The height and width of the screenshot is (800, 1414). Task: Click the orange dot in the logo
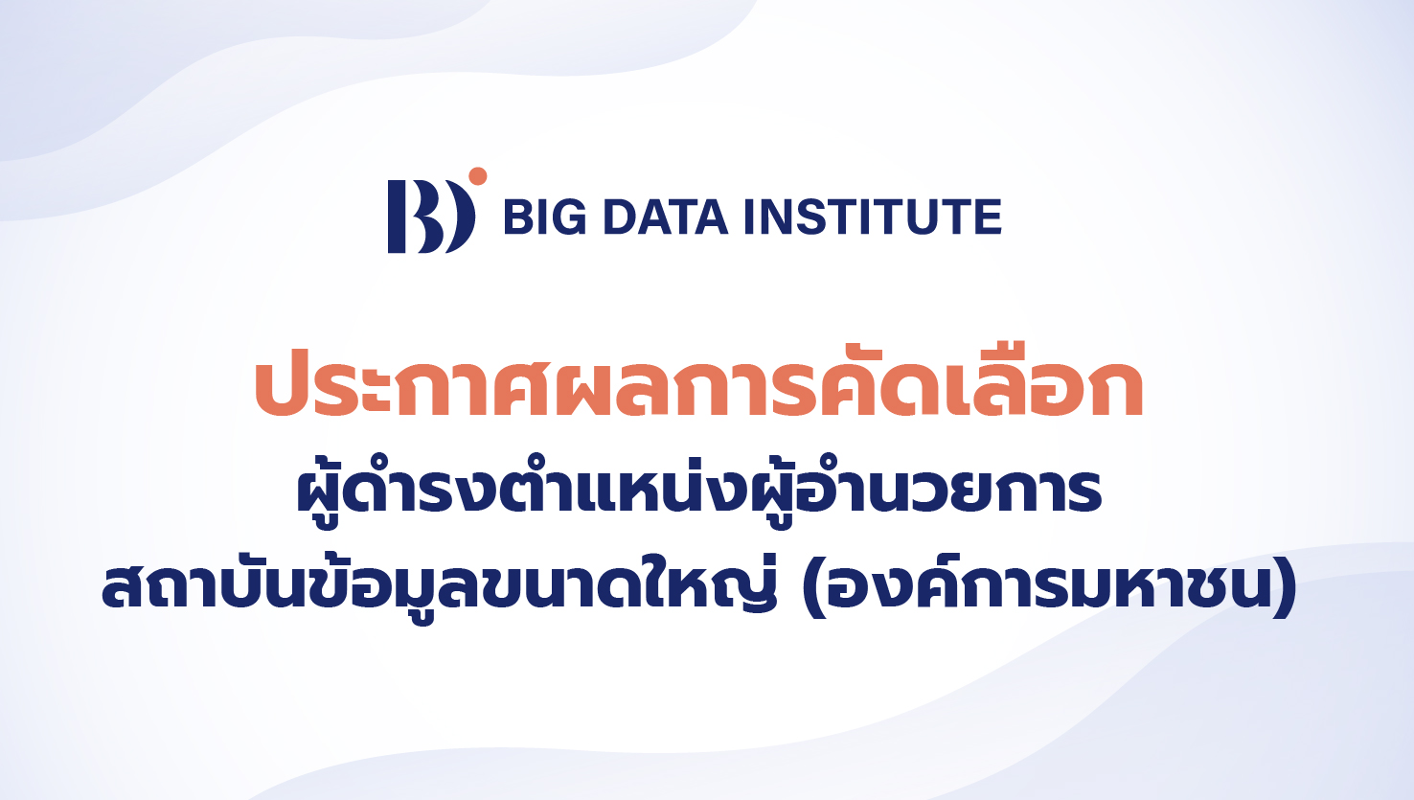pyautogui.click(x=478, y=176)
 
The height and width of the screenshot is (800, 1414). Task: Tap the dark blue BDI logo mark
pyautogui.click(x=430, y=217)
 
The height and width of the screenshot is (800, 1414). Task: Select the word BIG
pyautogui.click(x=544, y=217)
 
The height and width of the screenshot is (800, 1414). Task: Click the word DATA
pyautogui.click(x=666, y=217)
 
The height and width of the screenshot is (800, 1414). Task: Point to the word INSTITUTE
pyautogui.click(x=873, y=217)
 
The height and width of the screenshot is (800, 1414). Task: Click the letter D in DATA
pyautogui.click(x=622, y=217)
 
